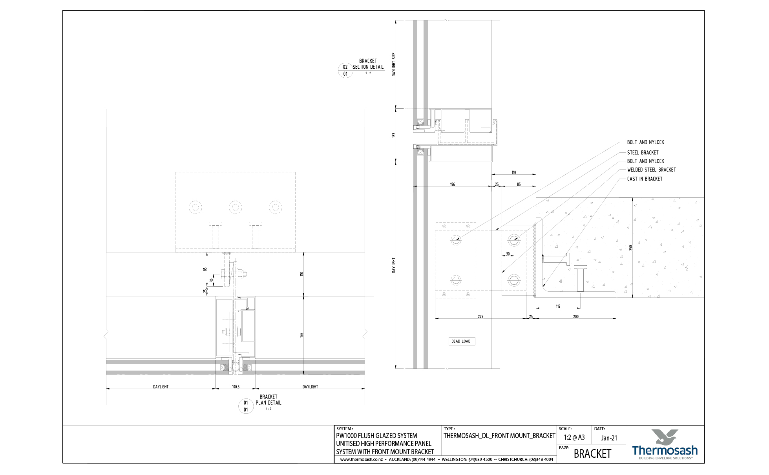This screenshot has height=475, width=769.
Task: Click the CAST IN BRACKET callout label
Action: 645,179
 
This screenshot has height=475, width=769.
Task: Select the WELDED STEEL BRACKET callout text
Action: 651,170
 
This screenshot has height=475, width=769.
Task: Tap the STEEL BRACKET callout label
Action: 643,153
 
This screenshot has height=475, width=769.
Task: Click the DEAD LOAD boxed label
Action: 461,342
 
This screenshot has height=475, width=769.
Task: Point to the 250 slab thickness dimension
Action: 630,248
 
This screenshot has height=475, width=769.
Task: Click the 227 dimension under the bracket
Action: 480,316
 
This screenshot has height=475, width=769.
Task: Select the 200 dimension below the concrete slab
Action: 576,316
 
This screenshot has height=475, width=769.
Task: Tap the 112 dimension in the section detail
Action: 558,307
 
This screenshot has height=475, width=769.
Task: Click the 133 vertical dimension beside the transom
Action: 394,135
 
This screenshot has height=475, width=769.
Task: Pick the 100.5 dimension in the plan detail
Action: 236,387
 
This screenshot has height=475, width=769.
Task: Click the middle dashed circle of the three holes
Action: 236,207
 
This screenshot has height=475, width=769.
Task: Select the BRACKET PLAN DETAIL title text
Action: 269,400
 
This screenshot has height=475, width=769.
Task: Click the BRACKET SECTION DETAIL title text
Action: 368,64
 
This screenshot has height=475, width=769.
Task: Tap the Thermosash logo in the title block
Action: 665,445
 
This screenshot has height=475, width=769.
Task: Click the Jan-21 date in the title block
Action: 609,438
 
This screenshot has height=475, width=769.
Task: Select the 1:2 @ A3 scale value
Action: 574,438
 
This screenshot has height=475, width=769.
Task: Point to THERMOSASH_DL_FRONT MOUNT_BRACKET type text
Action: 499,436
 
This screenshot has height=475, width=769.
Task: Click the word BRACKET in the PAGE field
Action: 592,454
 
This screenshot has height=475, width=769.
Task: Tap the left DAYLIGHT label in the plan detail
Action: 161,387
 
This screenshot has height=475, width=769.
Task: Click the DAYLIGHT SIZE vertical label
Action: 394,64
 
